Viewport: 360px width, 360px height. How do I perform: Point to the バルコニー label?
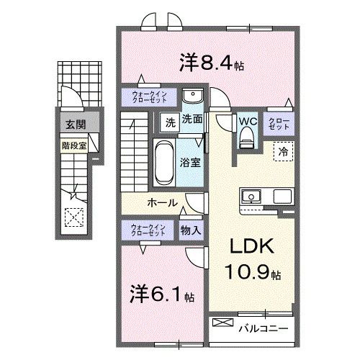(x=264, y=328)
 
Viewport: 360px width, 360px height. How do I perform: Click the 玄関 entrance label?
(x=75, y=125)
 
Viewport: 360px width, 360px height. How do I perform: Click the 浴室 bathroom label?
(x=191, y=163)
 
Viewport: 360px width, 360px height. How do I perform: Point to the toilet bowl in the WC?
(x=248, y=137)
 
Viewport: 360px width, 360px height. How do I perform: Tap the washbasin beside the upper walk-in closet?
(x=191, y=96)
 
